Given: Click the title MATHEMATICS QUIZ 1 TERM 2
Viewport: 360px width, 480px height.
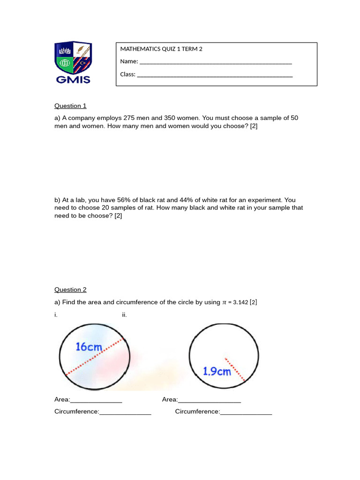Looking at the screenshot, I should [x=161, y=49].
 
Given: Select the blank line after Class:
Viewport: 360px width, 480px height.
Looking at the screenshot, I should [x=215, y=75].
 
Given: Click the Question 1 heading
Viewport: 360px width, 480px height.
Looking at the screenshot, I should [x=70, y=106].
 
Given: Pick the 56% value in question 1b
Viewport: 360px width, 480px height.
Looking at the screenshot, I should [x=120, y=200].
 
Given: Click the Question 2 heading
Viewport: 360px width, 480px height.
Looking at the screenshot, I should [x=70, y=290].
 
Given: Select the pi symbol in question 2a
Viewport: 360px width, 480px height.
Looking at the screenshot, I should [x=224, y=303].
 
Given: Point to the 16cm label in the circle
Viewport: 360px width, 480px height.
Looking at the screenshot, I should [x=89, y=347].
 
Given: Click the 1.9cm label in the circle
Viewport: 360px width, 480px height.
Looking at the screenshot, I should [x=217, y=371].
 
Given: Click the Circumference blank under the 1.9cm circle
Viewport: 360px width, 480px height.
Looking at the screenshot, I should [x=246, y=412].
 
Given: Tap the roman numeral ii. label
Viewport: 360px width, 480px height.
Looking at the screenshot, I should [x=124, y=315].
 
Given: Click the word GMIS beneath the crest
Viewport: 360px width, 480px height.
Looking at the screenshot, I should [x=73, y=79].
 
